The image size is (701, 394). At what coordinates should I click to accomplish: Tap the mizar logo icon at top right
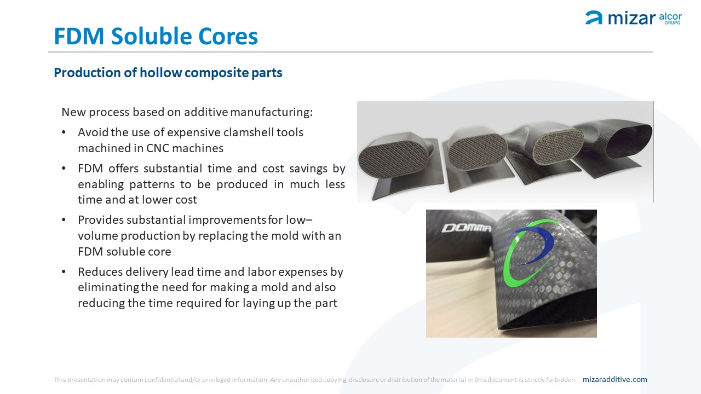[x=593, y=18]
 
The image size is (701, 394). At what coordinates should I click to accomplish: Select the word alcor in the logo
[x=670, y=16]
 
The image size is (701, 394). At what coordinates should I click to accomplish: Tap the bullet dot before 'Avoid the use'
[x=64, y=132]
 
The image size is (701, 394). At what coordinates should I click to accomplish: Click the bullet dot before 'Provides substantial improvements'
[x=64, y=220]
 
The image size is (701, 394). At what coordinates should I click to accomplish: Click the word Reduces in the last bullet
[x=100, y=272]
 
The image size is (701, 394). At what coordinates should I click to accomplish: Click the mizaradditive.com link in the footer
[x=614, y=379]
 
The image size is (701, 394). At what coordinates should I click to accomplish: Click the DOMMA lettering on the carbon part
[x=466, y=228]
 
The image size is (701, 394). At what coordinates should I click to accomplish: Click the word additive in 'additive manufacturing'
[x=206, y=112]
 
